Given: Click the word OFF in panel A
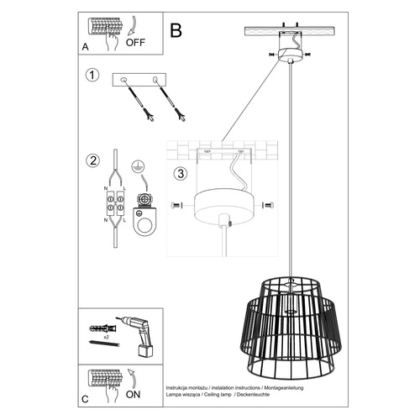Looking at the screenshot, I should tap(136, 40).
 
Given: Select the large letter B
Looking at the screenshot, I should tap(176, 30).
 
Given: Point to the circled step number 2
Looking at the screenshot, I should tap(93, 160).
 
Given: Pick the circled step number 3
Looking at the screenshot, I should tap(180, 175).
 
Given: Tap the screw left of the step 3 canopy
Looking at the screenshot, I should tap(175, 206).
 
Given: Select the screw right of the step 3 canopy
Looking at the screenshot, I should tap(267, 205).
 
